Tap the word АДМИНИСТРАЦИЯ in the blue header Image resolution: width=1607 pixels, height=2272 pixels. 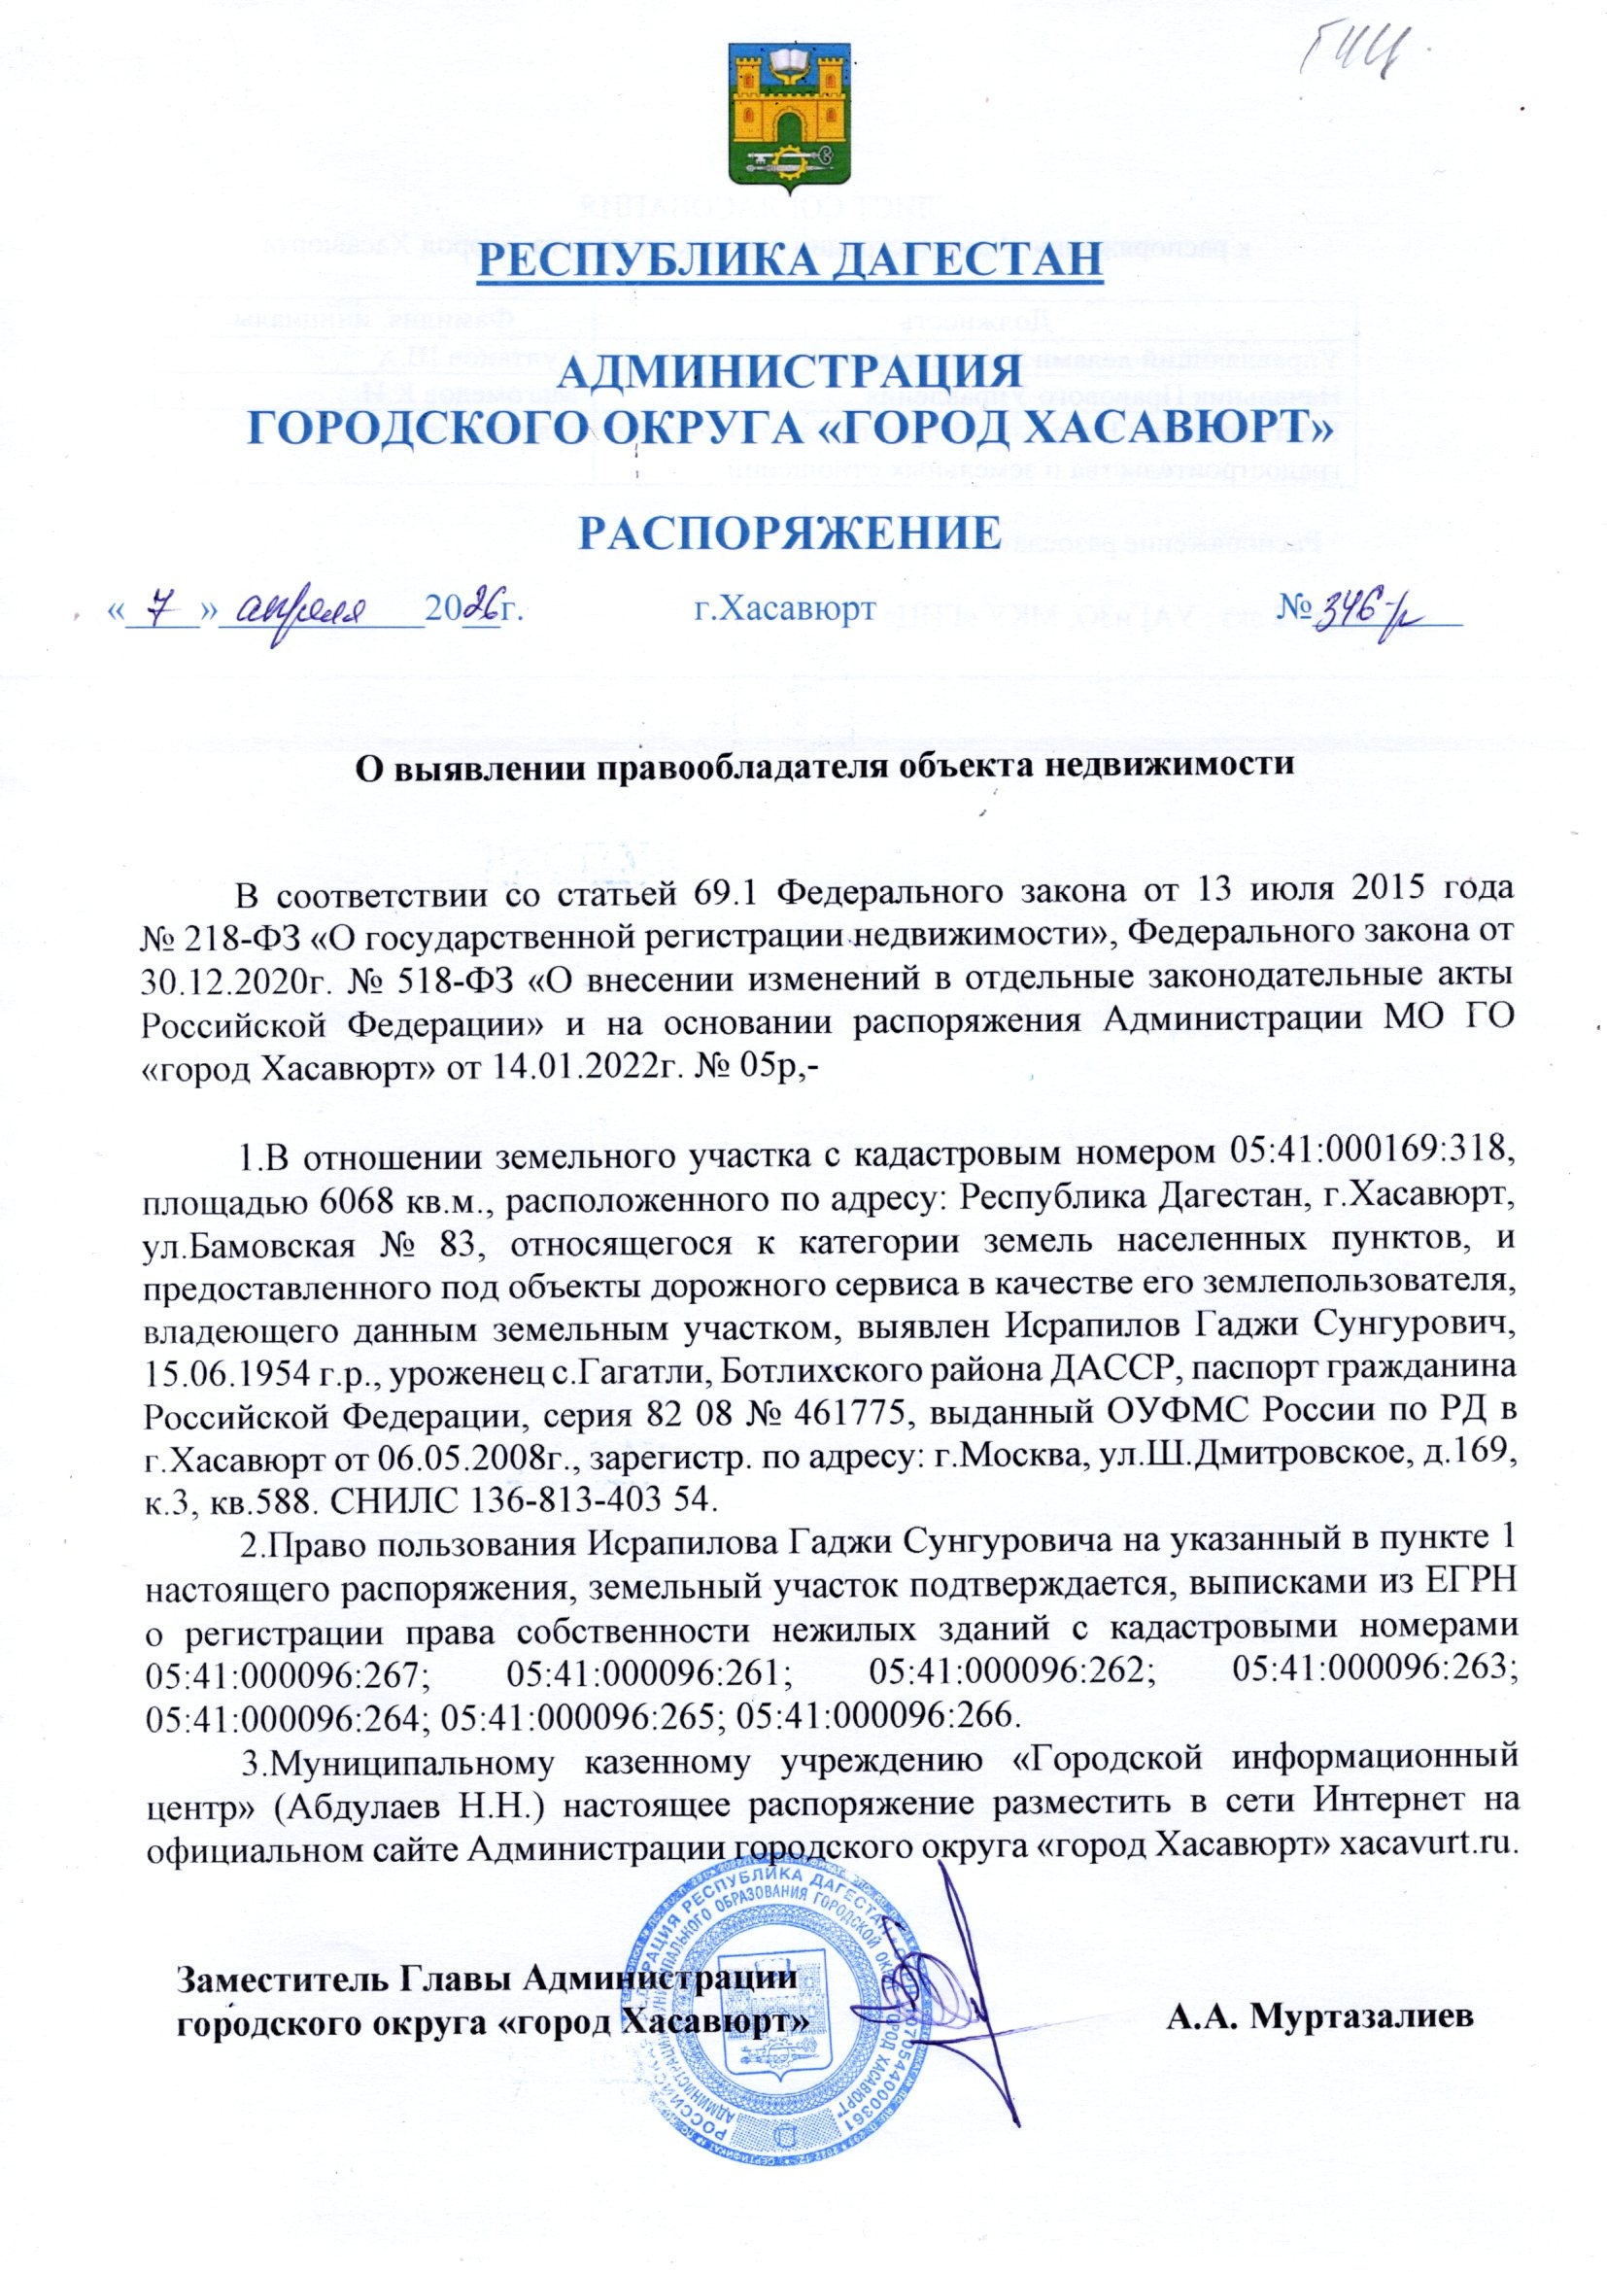pyautogui.click(x=791, y=375)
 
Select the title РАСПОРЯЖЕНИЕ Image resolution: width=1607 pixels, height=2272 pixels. pyautogui.click(x=789, y=532)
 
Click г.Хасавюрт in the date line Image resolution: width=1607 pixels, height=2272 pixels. pyautogui.click(x=782, y=605)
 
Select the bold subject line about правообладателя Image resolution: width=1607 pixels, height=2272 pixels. pyautogui.click(x=825, y=767)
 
